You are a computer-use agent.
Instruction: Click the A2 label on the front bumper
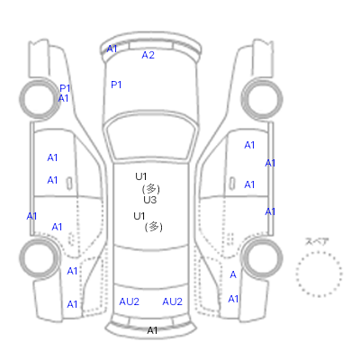pos(148,55)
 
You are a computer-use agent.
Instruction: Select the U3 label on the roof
pos(149,200)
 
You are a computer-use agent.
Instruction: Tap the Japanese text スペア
pos(317,241)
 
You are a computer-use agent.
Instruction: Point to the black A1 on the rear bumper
pos(152,330)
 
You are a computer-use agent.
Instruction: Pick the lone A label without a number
pos(233,274)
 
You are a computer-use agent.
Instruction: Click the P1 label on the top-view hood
pos(116,85)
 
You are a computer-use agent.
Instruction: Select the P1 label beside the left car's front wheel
pos(65,88)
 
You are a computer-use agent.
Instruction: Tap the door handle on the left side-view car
pos(69,184)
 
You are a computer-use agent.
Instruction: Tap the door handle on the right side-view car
pos(232,184)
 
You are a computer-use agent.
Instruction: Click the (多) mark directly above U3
pos(150,189)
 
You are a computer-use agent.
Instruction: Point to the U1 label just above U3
pos(140,176)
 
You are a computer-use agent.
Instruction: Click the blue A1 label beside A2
pos(112,49)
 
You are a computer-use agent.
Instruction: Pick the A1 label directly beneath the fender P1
pos(63,98)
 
